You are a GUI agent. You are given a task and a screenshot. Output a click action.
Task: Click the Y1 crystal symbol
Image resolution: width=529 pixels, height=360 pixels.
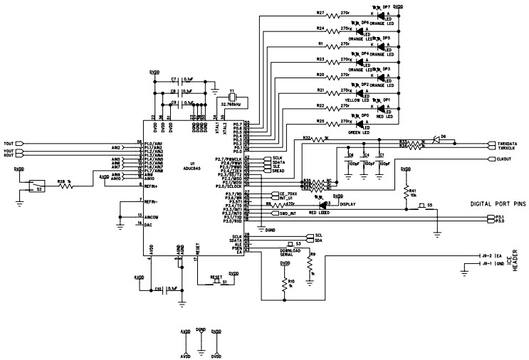tap(231, 99)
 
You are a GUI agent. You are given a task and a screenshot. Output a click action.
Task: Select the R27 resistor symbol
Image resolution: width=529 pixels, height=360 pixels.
tap(325, 14)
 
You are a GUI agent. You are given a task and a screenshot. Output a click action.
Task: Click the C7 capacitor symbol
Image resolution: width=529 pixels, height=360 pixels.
tap(174, 80)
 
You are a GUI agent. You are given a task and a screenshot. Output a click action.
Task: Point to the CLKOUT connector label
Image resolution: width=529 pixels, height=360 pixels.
tap(506, 159)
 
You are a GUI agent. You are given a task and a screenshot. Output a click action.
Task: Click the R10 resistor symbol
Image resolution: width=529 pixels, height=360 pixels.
tap(285, 282)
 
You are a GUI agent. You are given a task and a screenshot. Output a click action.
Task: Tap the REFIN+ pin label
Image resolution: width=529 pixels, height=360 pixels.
tap(152, 186)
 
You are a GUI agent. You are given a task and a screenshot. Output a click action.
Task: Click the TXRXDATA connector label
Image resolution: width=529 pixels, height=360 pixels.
tap(507, 143)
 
